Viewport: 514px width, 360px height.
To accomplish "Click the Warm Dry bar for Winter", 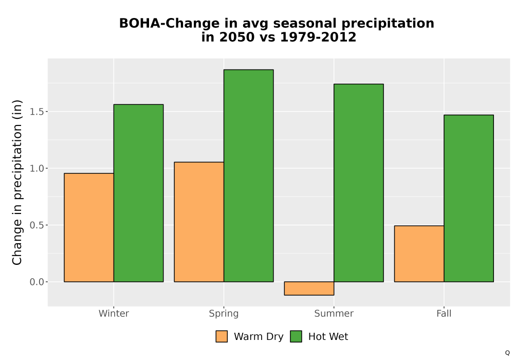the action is coord(89,227).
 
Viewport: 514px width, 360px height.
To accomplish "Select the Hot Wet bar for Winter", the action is coord(138,193).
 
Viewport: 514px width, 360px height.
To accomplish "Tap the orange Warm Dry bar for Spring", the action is coord(199,222).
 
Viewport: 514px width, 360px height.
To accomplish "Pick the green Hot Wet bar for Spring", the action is coord(248,176).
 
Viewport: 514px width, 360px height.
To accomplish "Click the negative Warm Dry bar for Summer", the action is coord(309,289).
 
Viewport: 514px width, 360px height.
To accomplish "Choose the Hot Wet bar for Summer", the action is coord(359,183).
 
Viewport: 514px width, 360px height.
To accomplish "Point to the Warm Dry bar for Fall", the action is coord(419,254).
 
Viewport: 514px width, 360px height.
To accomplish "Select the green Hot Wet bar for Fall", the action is coord(469,199).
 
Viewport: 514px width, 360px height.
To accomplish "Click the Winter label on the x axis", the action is coord(114,313).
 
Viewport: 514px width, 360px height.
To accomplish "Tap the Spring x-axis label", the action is coord(224,314).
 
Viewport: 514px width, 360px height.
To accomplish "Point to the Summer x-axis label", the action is coord(334,313).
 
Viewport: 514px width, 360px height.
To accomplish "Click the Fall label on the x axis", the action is coord(444,313).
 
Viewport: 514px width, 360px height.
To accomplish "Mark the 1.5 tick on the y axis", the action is coord(36,112).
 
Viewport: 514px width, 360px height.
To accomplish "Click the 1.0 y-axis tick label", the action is coord(36,169).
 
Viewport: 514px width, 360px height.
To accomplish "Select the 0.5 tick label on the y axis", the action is coord(36,225).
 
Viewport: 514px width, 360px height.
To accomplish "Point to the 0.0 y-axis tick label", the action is coord(36,282).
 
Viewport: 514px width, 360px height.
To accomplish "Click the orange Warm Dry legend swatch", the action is coord(222,336).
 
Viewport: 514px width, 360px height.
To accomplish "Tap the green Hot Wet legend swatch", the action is coord(296,336).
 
